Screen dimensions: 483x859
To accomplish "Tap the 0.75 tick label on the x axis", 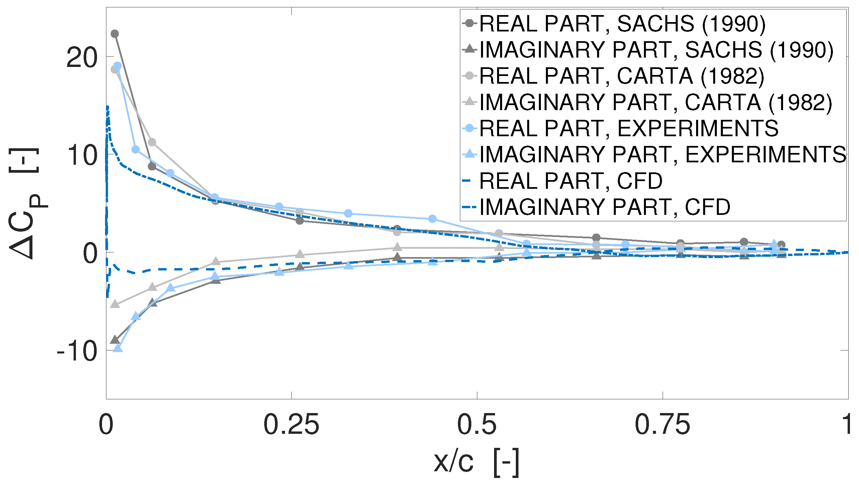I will pos(662,425).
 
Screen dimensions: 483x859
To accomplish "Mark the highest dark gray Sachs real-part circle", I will pos(115,34).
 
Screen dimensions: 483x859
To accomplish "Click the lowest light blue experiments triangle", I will pos(118,348).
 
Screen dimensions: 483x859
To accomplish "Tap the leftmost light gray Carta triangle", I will pos(115,304).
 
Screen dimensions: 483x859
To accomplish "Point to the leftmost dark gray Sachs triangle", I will pos(115,339).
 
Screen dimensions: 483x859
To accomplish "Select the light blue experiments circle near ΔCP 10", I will pos(135,149).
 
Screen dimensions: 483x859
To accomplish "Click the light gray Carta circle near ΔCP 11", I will pos(152,142).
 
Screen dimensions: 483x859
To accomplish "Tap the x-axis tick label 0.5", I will pos(476,425).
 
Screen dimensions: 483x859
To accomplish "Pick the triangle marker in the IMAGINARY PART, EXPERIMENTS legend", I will pos(470,154).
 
